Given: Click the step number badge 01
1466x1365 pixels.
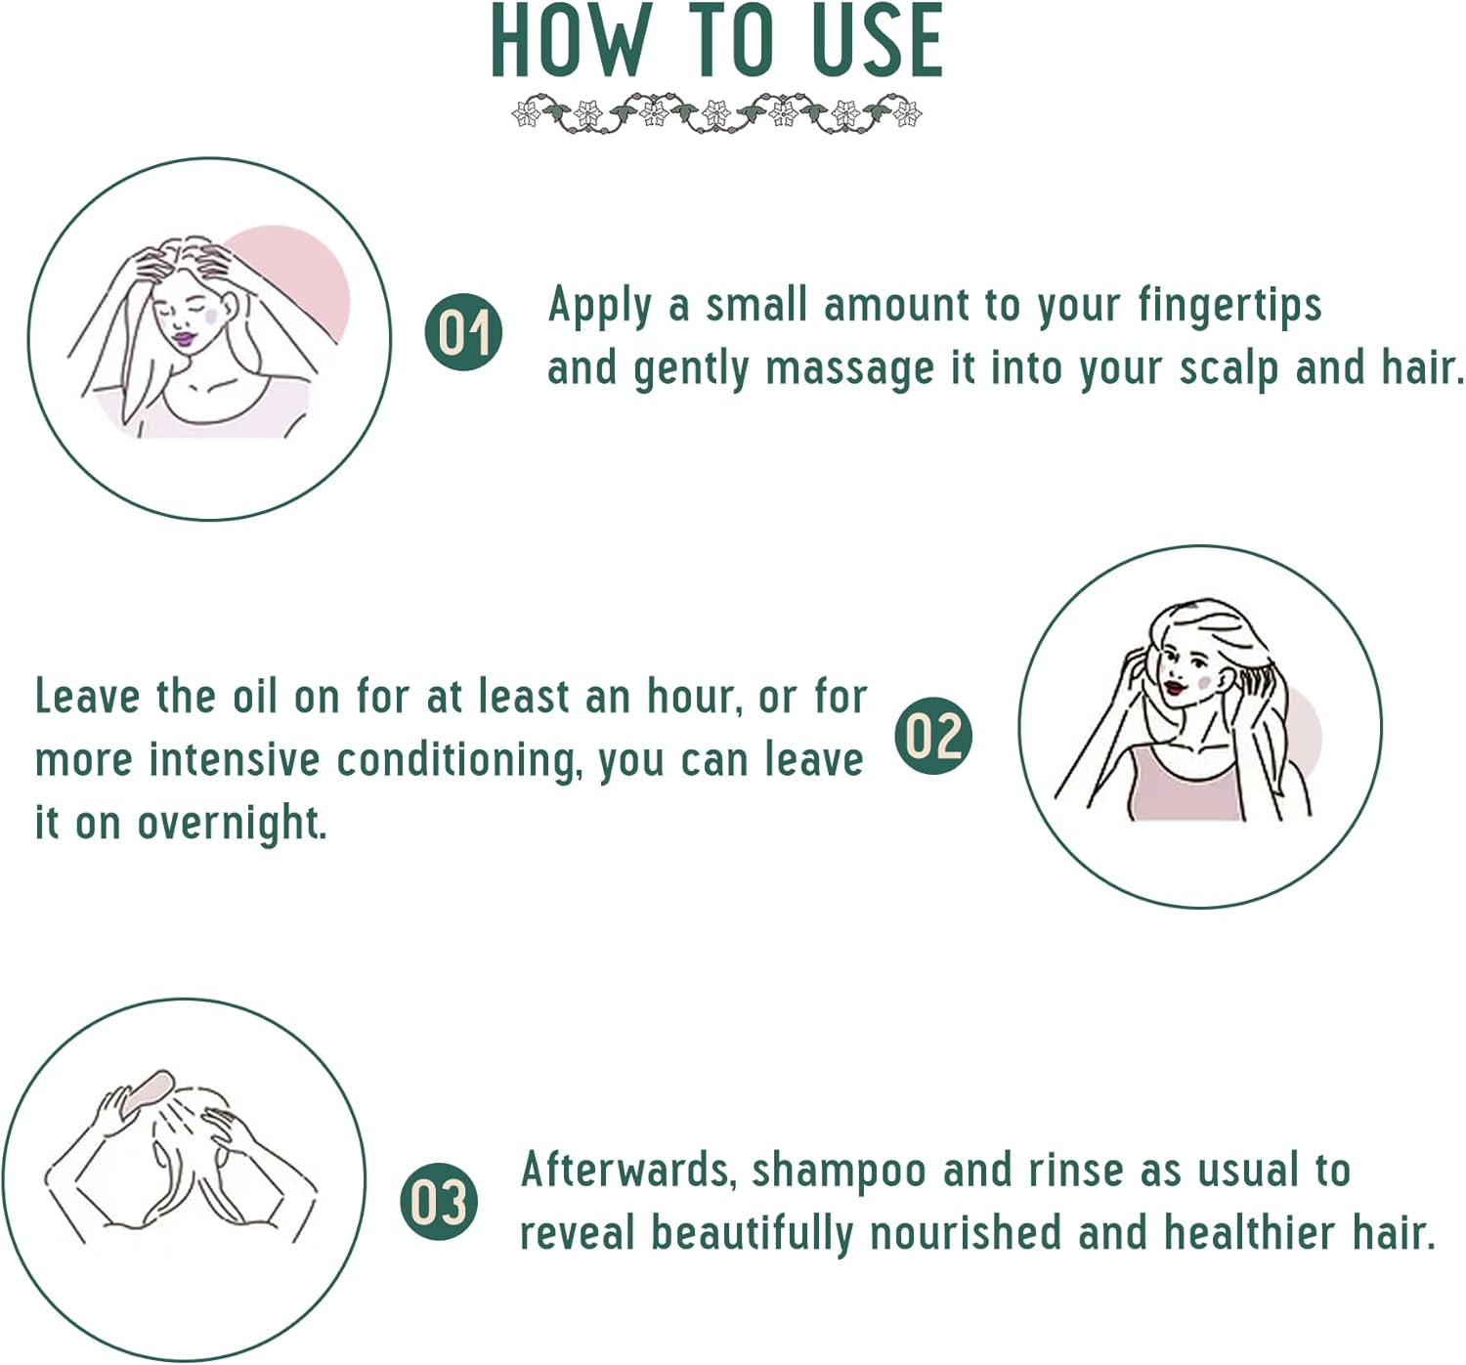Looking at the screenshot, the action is click(x=463, y=332).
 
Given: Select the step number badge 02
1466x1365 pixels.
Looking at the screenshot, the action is click(x=933, y=736).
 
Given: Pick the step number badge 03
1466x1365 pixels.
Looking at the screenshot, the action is click(x=439, y=1201).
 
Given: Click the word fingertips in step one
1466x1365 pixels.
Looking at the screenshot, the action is click(x=1229, y=307).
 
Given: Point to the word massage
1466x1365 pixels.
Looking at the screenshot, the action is click(x=849, y=370).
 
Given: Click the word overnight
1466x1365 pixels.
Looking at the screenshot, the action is click(x=232, y=824).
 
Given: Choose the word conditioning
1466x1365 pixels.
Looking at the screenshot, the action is click(x=457, y=761).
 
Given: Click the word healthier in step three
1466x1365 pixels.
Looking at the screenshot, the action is click(x=1250, y=1233).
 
